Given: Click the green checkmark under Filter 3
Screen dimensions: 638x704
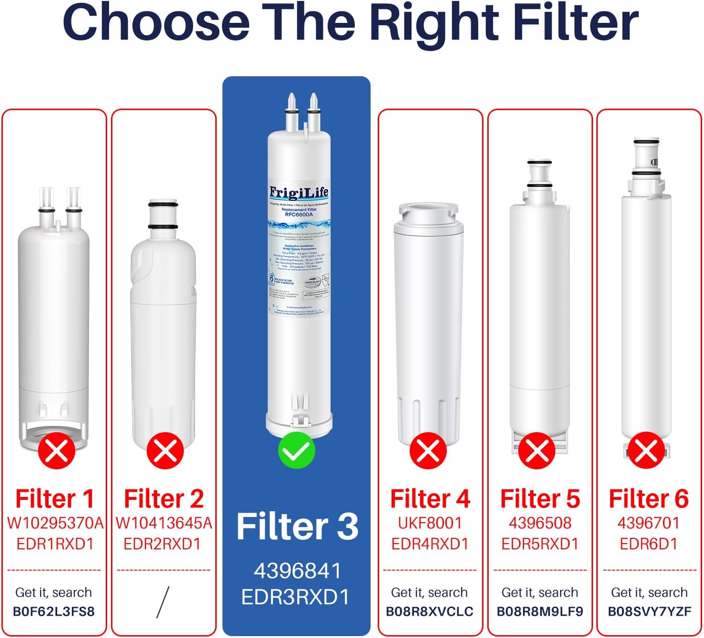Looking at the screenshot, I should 296,450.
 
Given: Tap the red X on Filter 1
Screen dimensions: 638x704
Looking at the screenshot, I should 57,450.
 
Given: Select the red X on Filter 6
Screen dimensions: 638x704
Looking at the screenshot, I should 646,450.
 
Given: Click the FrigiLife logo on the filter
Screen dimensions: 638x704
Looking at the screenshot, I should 299,192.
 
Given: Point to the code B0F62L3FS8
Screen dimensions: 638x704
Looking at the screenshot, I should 54,611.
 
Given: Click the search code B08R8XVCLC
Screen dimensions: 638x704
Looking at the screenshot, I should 430,611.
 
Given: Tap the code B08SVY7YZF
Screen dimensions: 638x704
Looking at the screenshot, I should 649,611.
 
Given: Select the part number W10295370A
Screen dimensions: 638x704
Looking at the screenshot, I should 55,523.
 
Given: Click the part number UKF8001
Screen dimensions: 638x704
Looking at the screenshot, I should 430,523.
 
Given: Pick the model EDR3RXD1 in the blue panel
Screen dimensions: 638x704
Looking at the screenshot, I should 296,597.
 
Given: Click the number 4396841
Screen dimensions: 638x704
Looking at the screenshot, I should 297,571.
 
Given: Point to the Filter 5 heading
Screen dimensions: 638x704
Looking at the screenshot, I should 540,499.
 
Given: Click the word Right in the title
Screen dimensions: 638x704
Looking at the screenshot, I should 436,22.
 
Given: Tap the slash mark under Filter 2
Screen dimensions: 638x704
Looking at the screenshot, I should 163,602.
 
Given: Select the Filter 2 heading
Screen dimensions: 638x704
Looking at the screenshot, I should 164,499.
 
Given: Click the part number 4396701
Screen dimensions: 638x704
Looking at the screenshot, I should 649,523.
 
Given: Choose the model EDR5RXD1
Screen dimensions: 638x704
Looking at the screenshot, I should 540,544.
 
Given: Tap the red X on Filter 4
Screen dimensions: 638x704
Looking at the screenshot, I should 428,450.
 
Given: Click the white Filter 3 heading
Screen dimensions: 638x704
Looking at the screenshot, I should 297,527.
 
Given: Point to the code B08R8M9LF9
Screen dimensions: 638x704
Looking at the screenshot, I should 540,611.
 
